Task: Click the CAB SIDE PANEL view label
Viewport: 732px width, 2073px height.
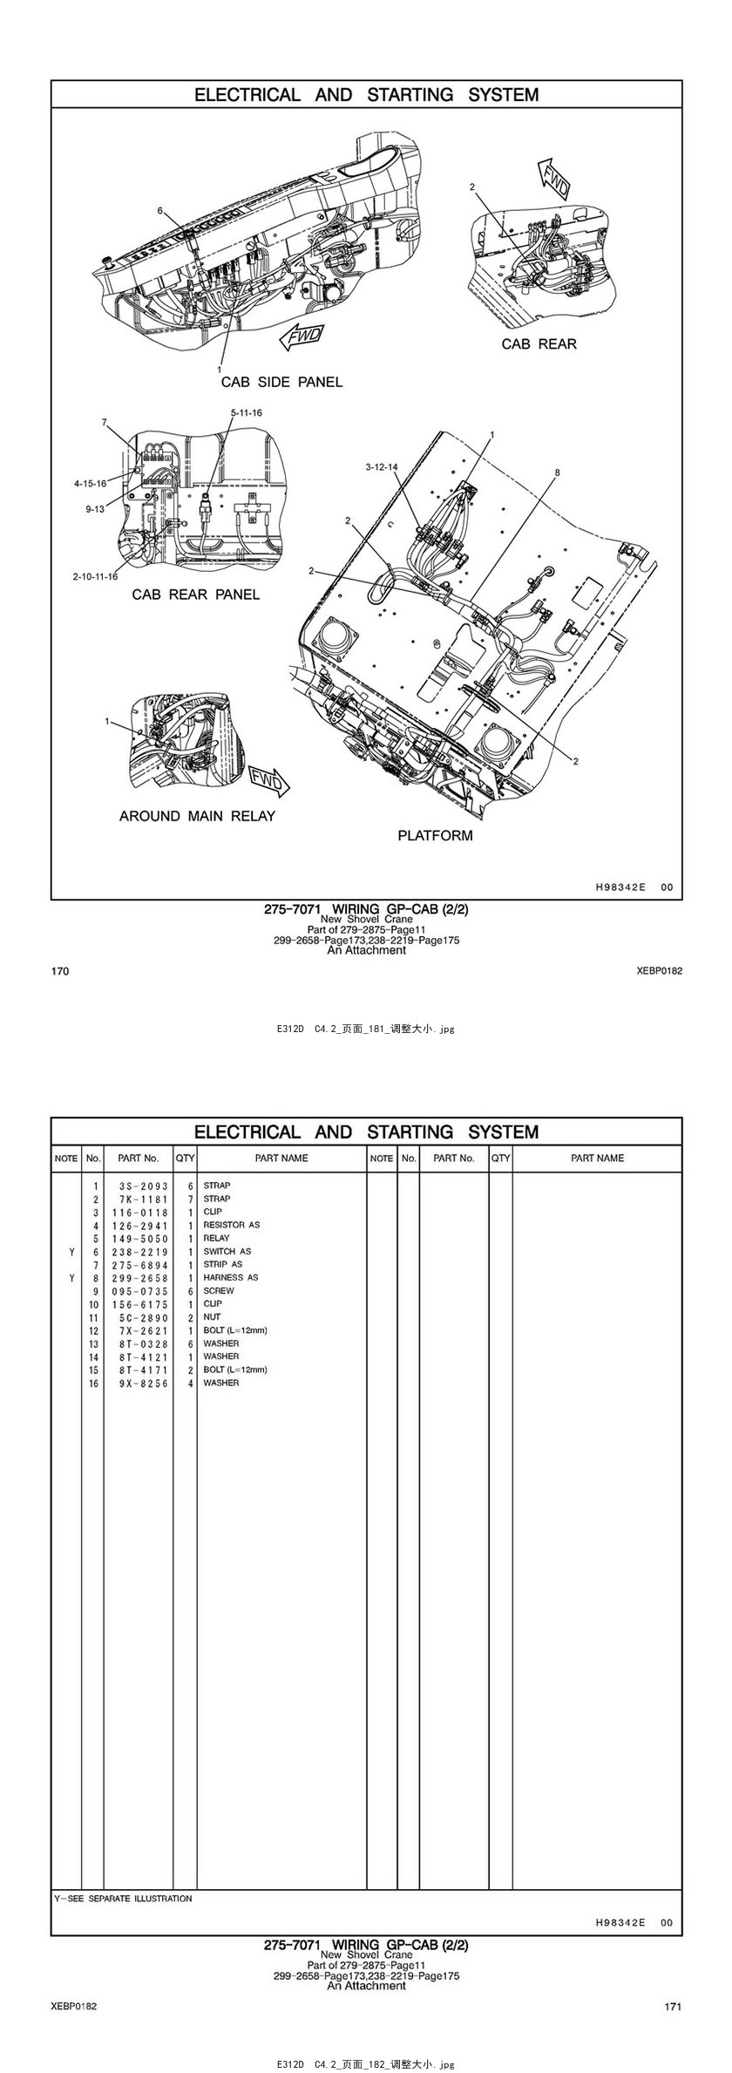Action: tap(281, 382)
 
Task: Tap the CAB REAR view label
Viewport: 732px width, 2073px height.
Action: tap(539, 344)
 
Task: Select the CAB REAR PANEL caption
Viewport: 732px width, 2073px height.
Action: tap(195, 595)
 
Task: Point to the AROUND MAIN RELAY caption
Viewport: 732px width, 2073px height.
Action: tap(197, 816)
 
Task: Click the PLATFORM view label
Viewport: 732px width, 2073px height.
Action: tap(435, 835)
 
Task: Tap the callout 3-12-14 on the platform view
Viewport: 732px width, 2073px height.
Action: tap(382, 467)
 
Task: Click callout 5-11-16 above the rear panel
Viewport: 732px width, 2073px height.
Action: tap(246, 412)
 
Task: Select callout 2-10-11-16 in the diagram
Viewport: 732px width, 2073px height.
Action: tap(96, 576)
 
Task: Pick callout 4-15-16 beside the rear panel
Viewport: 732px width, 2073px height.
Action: tap(90, 483)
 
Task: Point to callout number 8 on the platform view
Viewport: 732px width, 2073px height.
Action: tap(557, 472)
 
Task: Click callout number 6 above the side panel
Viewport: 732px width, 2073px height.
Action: tap(160, 211)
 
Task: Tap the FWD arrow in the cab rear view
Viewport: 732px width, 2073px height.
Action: tap(553, 176)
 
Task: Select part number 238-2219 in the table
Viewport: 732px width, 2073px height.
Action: tap(139, 1252)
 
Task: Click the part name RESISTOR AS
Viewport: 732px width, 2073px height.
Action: tap(231, 1225)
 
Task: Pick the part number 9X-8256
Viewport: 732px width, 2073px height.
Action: tap(139, 1383)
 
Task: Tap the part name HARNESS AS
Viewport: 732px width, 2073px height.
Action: tap(230, 1278)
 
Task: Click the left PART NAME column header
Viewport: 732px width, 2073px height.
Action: tap(281, 1159)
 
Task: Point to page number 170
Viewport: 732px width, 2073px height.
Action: tap(60, 971)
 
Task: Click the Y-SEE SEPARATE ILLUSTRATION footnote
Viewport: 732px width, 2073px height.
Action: tap(123, 1898)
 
